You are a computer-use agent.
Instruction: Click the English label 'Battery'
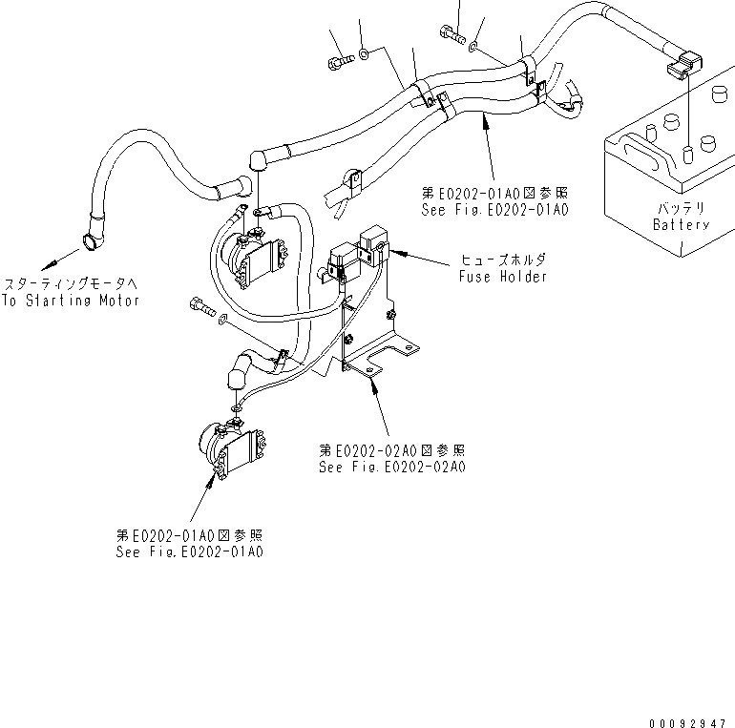click(681, 225)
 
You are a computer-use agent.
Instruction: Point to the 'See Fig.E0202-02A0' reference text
click(392, 468)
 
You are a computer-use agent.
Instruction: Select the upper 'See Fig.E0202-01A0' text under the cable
click(494, 209)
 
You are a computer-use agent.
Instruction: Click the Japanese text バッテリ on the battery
click(681, 208)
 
